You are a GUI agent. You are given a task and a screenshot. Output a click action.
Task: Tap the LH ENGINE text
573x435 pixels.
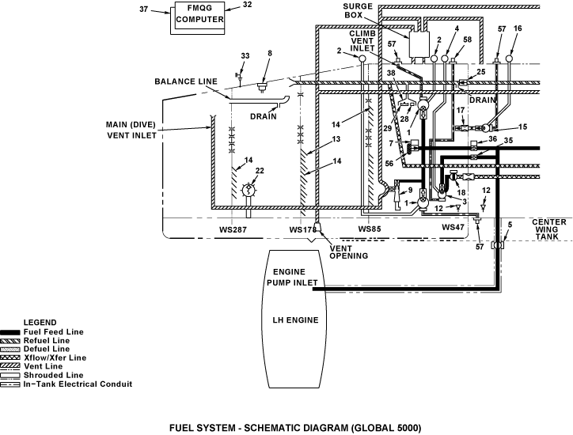pos(296,320)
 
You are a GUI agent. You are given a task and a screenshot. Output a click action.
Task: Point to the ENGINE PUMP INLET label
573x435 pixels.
pos(292,278)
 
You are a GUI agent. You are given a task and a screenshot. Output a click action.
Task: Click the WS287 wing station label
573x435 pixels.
pos(233,229)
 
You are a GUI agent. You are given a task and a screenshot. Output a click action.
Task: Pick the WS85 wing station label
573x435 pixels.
pos(370,229)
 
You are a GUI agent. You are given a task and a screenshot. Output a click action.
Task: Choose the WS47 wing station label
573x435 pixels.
pos(453,227)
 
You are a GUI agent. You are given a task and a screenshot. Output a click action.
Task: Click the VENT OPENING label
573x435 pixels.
pos(348,252)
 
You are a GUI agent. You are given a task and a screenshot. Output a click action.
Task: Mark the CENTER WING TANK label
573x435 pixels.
pos(549,229)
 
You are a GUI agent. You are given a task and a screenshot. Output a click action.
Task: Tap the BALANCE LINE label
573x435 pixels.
pos(186,81)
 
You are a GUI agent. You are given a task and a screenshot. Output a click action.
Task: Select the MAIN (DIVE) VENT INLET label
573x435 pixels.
pos(131,130)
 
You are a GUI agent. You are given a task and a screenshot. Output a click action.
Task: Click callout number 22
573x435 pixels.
pos(260,171)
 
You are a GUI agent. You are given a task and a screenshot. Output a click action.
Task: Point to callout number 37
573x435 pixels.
pos(143,9)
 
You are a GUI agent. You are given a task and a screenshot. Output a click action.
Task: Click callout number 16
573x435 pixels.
pos(518,28)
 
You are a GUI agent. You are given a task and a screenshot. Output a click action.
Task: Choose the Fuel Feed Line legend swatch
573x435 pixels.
pos(10,332)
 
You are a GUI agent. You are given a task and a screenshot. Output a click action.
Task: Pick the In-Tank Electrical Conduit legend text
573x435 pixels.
pos(78,384)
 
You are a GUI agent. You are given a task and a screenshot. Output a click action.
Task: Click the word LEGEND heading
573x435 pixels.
pos(40,323)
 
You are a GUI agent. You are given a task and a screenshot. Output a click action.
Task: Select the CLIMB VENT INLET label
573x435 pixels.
pos(362,41)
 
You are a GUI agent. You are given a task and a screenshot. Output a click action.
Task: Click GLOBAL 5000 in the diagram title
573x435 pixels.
pos(386,428)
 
